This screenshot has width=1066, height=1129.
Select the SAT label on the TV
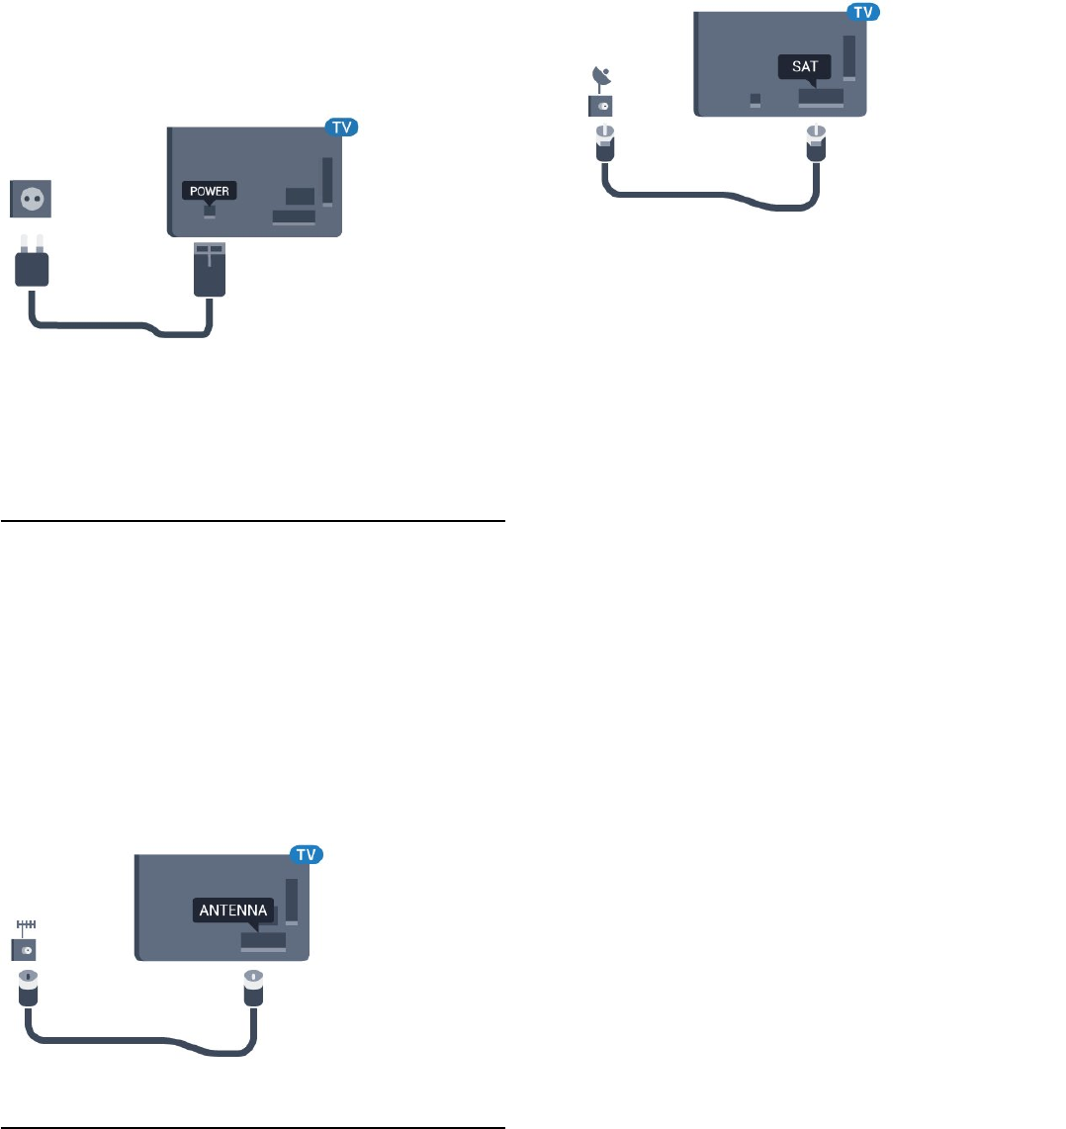point(804,66)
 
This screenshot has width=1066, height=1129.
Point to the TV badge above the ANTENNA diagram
point(309,853)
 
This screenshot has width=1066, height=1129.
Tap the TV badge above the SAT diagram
point(864,12)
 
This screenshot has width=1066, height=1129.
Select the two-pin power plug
point(32,264)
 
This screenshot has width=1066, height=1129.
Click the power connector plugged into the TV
point(210,268)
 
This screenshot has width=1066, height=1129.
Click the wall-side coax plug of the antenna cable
point(26,993)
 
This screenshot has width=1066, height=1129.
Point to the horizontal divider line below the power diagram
point(252,520)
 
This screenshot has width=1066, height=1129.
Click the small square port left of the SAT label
point(755,100)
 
